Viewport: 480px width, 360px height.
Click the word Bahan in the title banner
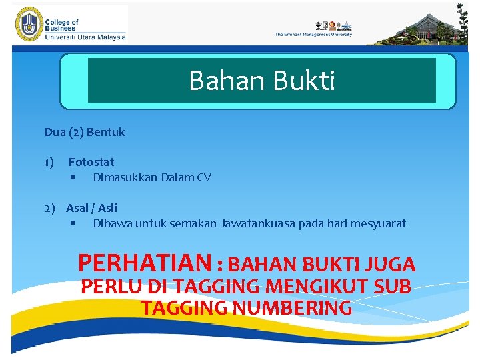219,81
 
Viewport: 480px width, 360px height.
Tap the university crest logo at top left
27,24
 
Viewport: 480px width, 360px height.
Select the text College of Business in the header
61,25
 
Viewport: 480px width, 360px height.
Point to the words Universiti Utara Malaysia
85,37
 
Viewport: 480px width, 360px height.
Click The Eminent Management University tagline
313,35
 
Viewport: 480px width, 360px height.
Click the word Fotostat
91,162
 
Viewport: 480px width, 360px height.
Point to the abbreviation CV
204,177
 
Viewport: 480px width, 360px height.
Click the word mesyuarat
379,223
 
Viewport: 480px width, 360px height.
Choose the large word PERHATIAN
144,263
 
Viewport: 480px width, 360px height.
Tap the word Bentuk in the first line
105,132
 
